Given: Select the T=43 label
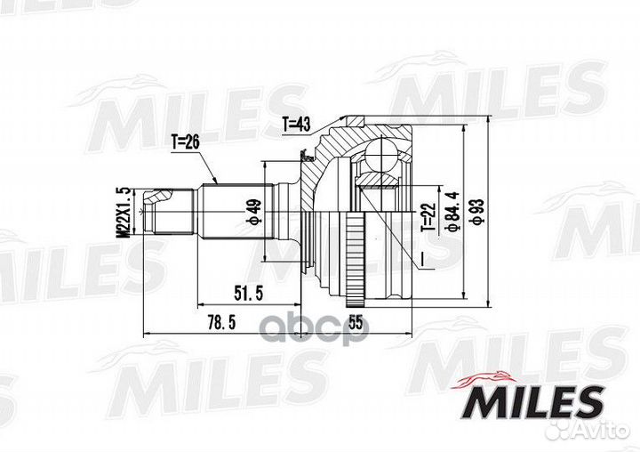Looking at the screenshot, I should click(x=296, y=125).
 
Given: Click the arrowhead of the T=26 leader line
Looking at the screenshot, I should click(x=217, y=182).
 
